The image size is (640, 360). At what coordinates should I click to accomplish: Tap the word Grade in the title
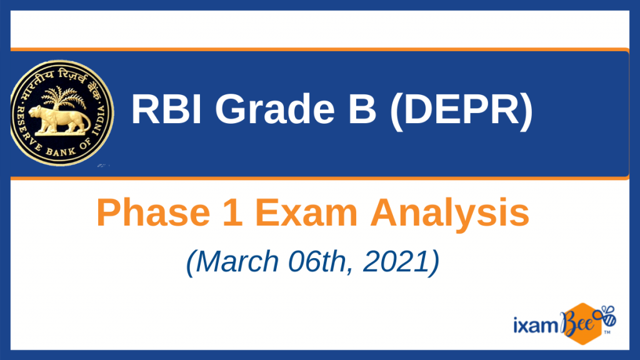point(275,109)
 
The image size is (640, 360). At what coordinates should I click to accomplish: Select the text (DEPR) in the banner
point(461,110)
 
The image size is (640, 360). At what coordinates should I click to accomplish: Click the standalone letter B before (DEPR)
point(362,109)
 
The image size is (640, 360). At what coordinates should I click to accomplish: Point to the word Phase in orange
point(154,212)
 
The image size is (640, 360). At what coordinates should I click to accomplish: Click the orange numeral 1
point(233,212)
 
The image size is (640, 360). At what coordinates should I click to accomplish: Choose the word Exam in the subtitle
point(306,212)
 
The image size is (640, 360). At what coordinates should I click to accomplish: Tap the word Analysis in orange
point(450,214)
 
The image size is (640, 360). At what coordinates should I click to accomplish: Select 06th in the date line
point(321,262)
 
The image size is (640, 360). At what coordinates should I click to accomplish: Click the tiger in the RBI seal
point(62,120)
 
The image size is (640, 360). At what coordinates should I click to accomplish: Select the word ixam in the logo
point(536,325)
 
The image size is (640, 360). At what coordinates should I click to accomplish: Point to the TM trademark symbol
point(607,332)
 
